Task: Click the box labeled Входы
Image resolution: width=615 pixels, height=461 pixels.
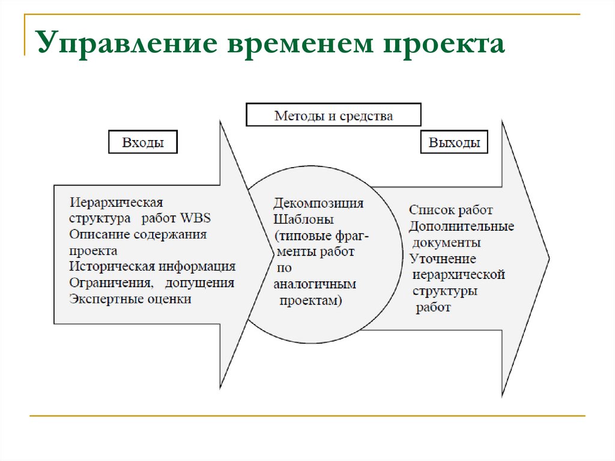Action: click(x=143, y=143)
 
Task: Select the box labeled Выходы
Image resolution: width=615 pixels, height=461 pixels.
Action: click(x=454, y=143)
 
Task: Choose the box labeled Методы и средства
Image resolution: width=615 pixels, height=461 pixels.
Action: click(x=333, y=115)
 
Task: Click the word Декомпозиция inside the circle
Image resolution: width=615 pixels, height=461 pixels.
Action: click(x=318, y=203)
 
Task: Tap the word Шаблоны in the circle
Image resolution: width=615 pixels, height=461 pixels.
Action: click(x=303, y=219)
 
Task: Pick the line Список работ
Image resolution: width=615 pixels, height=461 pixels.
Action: click(x=450, y=210)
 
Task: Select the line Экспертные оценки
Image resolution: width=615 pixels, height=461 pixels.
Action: click(x=130, y=299)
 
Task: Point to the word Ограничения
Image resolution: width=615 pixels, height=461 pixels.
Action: click(x=108, y=282)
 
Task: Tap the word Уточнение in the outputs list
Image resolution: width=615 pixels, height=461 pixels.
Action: click(x=443, y=259)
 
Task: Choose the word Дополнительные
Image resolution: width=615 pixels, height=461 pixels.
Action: click(x=461, y=227)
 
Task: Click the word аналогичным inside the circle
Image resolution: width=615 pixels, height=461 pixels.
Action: click(x=314, y=284)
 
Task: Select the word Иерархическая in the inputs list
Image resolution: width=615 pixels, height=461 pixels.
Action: click(x=116, y=202)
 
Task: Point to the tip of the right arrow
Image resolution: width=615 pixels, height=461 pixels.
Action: click(x=548, y=258)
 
